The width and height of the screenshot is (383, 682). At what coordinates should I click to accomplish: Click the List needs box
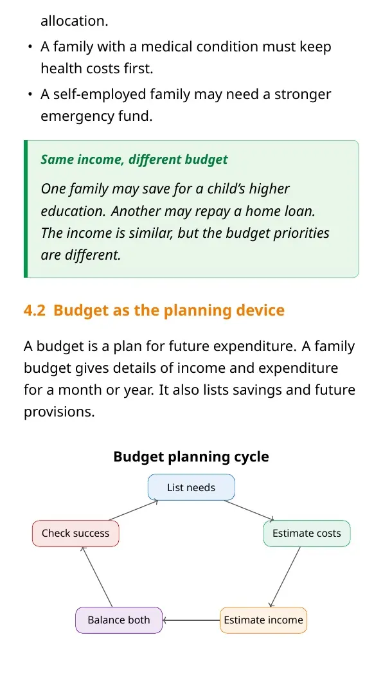191,487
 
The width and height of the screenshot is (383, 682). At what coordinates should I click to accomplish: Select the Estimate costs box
307,534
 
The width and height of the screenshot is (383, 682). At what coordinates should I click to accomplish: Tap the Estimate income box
263,620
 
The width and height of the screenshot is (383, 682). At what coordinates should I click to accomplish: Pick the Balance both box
119,620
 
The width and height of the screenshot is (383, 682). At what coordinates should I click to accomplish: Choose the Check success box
76,534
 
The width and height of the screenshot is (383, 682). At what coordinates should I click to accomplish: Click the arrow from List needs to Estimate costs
249,510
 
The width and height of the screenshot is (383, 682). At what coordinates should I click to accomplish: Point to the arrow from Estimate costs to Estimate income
285,577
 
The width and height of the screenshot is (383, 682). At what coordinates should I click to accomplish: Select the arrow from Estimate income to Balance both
191,620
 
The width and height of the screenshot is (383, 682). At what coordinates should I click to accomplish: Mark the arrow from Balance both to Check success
97,577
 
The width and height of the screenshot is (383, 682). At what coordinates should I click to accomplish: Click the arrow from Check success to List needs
134,510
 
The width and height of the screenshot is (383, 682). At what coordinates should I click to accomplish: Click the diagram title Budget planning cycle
191,456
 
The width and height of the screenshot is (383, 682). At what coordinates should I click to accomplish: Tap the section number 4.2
34,310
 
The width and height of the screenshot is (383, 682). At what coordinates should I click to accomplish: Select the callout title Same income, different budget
134,159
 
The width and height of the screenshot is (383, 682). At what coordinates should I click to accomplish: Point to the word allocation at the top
75,21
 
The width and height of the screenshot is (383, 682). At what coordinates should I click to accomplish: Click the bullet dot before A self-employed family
29,94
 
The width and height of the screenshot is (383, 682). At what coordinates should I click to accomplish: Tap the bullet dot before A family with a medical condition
29,47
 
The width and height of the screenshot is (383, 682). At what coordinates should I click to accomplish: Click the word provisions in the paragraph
59,412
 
